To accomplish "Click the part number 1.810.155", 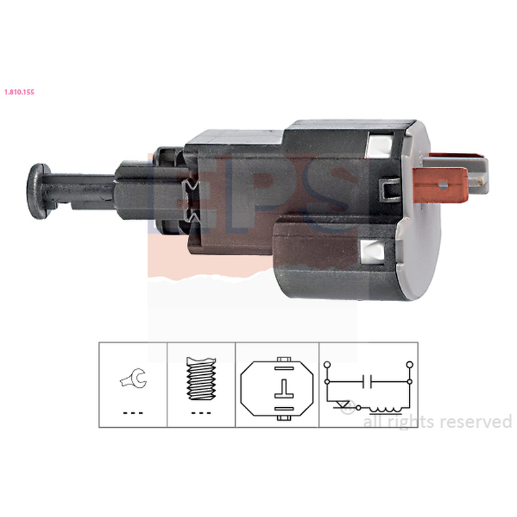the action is coord(19,92).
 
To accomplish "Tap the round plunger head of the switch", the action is coord(38,191).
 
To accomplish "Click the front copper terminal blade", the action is coord(441,185).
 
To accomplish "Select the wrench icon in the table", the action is coord(134,379).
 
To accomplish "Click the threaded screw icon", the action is coord(201,379).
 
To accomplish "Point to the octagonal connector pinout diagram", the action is coord(277,388).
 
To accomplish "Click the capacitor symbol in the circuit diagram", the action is coord(367,381).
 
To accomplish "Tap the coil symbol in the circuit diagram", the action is coord(386,410).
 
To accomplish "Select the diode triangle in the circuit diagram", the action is coord(344,404).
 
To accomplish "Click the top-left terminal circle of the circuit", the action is coord(328,364).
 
